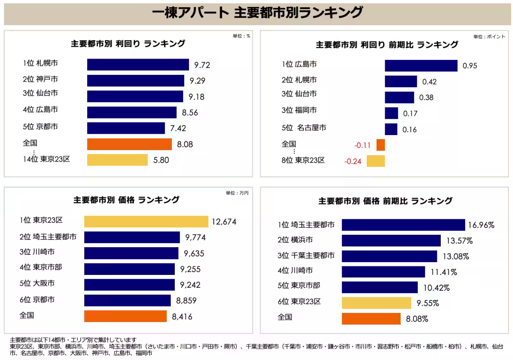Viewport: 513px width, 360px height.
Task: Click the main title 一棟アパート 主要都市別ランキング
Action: [256, 13]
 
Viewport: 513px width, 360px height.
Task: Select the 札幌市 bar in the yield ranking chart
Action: [138, 65]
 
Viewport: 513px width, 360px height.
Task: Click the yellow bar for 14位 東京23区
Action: [117, 160]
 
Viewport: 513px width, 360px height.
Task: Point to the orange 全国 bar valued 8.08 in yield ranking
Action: [129, 144]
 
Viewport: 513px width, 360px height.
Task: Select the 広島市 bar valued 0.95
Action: [421, 65]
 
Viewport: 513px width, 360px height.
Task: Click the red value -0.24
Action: [353, 162]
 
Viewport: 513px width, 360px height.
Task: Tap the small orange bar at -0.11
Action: [380, 145]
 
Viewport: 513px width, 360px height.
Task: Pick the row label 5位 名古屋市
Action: [304, 128]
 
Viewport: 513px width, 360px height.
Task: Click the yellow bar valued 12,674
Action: [146, 221]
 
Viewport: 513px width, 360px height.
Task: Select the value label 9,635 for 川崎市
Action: [194, 254]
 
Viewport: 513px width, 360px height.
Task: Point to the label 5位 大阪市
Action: [37, 283]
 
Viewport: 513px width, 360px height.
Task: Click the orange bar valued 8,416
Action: [125, 316]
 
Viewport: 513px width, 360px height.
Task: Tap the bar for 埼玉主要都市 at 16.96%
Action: [403, 225]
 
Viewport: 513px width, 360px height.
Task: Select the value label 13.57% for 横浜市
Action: [459, 241]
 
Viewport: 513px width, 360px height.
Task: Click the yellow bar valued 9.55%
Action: [376, 303]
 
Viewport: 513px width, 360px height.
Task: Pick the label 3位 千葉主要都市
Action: [306, 256]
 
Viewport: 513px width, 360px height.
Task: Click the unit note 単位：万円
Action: [237, 193]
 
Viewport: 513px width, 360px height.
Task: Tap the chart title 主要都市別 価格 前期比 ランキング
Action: [385, 201]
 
